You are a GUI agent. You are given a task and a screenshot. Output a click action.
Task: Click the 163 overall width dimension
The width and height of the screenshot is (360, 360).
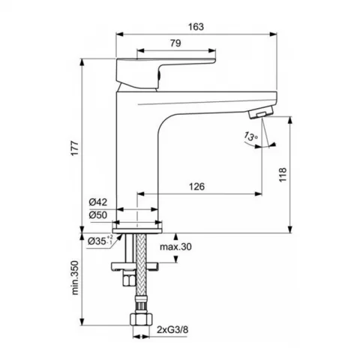[196, 26]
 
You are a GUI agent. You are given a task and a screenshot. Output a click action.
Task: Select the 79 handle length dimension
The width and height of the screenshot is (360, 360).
[175, 43]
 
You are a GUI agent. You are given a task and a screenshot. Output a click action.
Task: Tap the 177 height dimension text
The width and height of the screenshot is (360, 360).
[75, 148]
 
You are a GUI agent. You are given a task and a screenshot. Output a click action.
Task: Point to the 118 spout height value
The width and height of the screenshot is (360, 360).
[283, 175]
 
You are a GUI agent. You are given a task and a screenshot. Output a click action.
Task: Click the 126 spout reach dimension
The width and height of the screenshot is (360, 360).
[196, 187]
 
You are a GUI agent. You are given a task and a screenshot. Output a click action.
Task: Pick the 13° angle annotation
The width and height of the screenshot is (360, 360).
[250, 136]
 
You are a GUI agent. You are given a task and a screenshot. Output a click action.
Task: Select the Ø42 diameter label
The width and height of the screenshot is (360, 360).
[98, 202]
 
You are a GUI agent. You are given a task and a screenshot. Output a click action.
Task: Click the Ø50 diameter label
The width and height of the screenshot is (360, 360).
[98, 215]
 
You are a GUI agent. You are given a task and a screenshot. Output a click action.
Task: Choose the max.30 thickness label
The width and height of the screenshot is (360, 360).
[175, 247]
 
